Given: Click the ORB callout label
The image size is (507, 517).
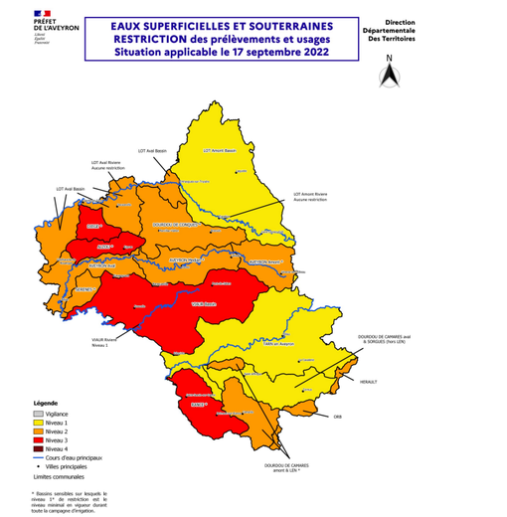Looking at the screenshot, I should pyautogui.click(x=337, y=416).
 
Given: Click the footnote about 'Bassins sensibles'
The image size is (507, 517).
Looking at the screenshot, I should pyautogui.click(x=69, y=500).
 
